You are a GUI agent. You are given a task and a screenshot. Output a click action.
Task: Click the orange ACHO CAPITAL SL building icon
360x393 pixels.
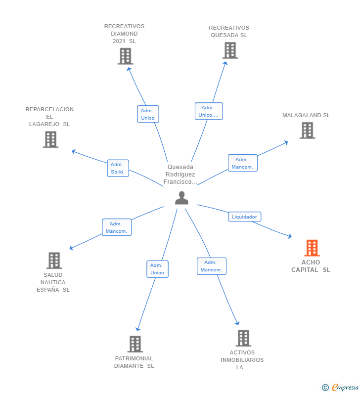coord(312,248)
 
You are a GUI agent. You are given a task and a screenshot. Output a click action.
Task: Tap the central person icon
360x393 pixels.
coord(181,198)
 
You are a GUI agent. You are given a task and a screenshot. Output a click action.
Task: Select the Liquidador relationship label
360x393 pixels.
coord(244,217)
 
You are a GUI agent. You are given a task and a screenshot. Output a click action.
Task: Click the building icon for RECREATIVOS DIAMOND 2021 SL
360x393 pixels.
coord(125,56)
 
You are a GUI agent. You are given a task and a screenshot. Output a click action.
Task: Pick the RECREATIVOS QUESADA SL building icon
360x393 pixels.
coord(229,50)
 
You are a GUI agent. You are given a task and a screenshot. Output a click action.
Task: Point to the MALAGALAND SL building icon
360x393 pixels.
coord(307,130)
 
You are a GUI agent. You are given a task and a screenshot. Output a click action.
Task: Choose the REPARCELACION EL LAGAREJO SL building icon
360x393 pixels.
coord(50,139)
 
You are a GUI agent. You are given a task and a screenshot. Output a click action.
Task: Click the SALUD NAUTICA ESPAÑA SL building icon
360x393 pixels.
coord(54,260)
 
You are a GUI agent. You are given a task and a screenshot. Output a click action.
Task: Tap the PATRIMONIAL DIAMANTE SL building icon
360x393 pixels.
coord(135,344)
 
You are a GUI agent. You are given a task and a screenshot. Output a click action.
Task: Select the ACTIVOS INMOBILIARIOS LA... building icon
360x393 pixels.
coord(243,338)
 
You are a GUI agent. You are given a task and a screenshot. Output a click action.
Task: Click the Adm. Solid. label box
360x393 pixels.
coord(118,168)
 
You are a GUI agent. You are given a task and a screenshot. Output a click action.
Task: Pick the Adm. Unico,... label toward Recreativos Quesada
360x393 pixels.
coord(209,111)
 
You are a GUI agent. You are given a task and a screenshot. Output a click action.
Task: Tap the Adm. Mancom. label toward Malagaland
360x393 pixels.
coord(242,163)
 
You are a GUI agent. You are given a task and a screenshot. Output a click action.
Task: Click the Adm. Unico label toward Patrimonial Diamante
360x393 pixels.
coord(157,269)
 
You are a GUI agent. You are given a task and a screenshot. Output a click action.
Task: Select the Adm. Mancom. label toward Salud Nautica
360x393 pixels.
coord(117,227)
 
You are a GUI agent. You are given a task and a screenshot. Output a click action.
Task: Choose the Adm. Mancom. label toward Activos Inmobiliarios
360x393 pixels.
coord(211,266)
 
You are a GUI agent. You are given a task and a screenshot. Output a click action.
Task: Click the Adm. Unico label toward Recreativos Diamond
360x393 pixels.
coord(147,114)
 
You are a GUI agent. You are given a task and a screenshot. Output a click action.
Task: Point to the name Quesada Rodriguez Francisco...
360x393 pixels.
coord(180,175)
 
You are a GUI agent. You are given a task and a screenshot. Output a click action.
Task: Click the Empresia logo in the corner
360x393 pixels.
coord(341,387)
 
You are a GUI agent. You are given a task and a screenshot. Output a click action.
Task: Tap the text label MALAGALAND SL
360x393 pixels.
coord(306,115)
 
